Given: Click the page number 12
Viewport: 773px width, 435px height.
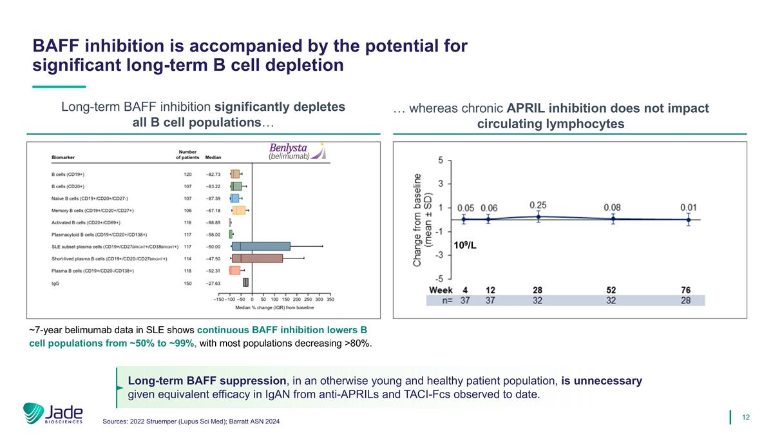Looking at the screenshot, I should (747, 418).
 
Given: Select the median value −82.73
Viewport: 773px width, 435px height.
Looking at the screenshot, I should (213, 174).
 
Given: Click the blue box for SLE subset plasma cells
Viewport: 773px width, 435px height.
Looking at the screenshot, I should (261, 246).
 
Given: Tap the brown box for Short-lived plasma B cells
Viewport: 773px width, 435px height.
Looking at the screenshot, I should (257, 258).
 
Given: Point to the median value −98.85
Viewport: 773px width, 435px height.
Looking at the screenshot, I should (213, 222).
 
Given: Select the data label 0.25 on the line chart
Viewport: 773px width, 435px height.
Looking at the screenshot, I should (539, 204).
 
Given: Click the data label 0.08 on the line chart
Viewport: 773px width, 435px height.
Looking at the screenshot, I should (613, 207).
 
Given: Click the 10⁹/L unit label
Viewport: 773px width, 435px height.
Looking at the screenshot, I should (465, 245).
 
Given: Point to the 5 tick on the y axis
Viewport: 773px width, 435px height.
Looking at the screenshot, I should (441, 159).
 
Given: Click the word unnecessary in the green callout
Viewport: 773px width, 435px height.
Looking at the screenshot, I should (601, 381).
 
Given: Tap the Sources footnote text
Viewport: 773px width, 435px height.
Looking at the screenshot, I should (191, 421).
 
